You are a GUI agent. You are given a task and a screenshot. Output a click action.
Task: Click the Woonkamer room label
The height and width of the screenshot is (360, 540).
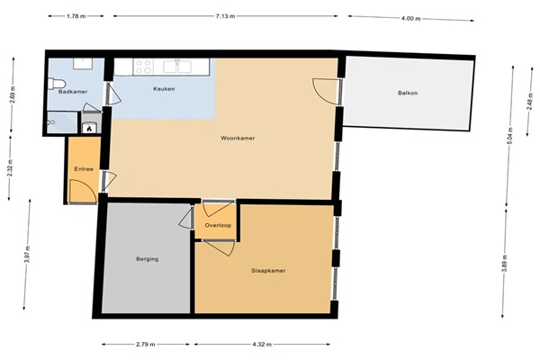point(238,138)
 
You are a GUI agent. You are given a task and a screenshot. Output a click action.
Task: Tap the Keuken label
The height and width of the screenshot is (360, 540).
point(164,89)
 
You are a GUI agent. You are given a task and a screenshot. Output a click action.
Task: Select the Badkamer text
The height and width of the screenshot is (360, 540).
point(73,92)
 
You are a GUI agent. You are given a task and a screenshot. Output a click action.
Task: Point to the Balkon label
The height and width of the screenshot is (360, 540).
point(408,93)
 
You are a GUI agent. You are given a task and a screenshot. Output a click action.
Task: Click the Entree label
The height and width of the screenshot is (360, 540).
point(84,169)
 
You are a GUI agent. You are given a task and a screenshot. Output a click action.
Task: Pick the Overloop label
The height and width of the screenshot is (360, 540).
point(218,225)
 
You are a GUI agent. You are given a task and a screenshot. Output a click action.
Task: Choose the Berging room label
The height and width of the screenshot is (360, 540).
point(148,259)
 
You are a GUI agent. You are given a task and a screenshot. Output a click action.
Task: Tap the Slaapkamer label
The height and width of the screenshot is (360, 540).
point(268,271)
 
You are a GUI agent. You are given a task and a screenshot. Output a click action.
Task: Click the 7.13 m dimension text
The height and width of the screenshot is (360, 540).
point(226,16)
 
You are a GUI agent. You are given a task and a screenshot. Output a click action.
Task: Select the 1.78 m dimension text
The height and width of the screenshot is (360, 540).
point(76,16)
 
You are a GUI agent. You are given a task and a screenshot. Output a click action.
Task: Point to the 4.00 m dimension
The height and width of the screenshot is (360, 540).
point(411,19)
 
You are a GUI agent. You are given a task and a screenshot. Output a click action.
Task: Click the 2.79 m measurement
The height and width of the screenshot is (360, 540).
point(146,344)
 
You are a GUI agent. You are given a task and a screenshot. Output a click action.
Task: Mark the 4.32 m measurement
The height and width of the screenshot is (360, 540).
point(262,344)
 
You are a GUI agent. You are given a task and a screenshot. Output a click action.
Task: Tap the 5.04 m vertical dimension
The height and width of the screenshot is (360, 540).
point(510,137)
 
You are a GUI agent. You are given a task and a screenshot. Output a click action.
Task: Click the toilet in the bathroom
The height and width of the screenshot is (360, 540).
point(57,84)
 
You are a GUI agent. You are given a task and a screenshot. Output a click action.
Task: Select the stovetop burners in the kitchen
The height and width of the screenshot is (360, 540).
point(144,67)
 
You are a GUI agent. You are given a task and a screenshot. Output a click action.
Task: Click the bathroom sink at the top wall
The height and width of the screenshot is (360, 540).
point(83,64)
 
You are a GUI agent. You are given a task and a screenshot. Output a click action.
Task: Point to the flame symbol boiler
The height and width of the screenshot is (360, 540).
point(90,128)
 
